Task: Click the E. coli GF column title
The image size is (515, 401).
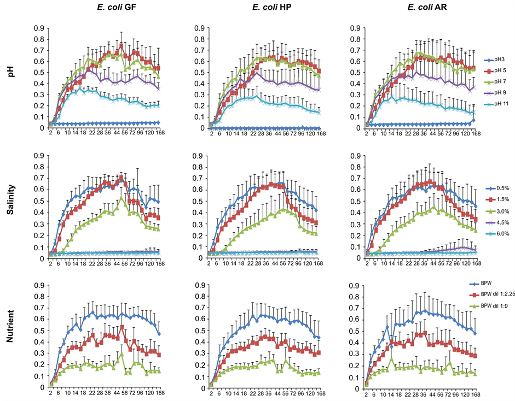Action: (117, 7)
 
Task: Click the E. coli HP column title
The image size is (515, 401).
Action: (271, 7)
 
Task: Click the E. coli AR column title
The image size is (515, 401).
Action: (427, 7)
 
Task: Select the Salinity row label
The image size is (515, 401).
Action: (10, 199)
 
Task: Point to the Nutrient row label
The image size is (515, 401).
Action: (10, 326)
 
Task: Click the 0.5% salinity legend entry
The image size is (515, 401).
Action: (497, 188)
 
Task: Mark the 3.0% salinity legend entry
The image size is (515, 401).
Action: (497, 211)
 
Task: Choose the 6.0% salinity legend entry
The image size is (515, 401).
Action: (497, 233)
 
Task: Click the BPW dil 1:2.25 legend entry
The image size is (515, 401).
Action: (493, 294)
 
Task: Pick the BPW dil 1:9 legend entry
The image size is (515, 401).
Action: (489, 306)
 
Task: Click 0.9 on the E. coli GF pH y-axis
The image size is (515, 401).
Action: (39, 28)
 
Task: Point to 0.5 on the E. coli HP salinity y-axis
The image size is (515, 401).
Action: (200, 201)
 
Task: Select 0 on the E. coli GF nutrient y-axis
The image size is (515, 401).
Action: (42, 387)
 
